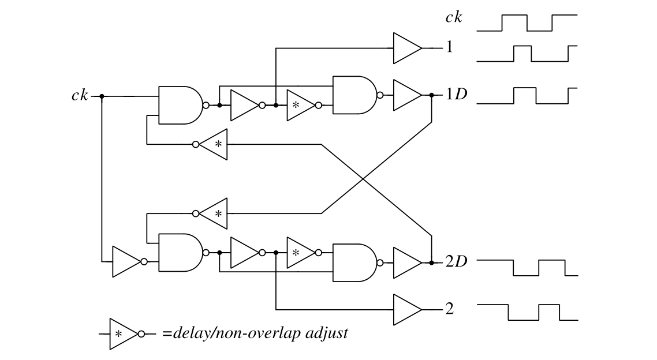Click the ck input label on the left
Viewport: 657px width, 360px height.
79,96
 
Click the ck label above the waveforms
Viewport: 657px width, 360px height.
453,17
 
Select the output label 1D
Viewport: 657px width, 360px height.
456,95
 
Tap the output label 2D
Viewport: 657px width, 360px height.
456,262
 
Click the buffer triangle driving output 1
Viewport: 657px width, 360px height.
406,48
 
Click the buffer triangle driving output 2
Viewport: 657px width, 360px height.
406,309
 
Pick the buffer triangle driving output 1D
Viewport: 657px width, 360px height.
406,95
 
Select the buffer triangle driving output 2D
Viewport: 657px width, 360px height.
406,262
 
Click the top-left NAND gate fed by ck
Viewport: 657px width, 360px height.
179,106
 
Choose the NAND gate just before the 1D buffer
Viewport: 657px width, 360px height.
353,95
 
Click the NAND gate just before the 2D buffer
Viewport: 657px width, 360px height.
353,262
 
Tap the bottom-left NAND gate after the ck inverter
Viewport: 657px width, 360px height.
179,253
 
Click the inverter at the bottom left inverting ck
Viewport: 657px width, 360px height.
125,262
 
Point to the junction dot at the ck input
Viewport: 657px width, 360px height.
102,96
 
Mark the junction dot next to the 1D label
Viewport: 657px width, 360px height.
432,95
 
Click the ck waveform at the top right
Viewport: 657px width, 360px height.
527,22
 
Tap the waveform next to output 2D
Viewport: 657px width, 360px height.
527,268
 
